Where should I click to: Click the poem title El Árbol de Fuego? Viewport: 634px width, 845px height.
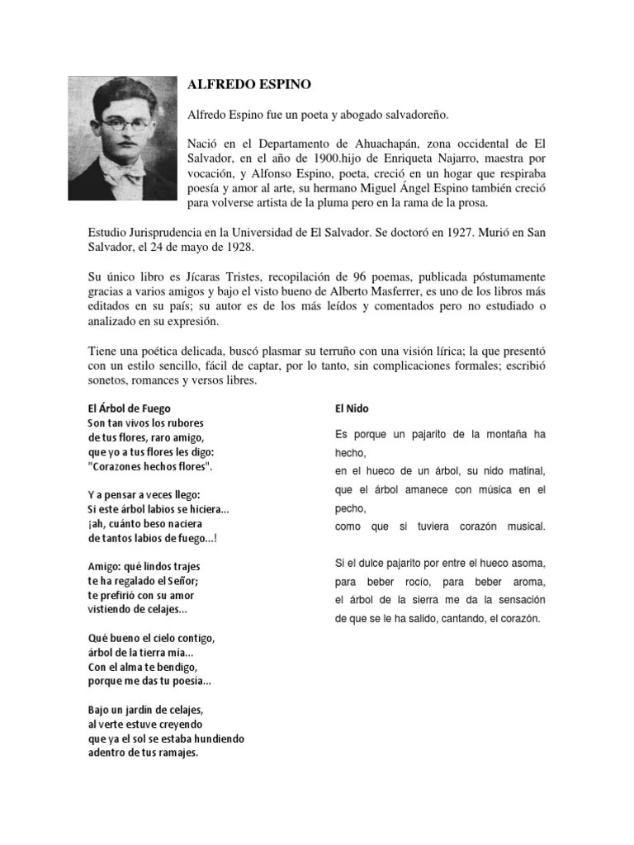[130, 408]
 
